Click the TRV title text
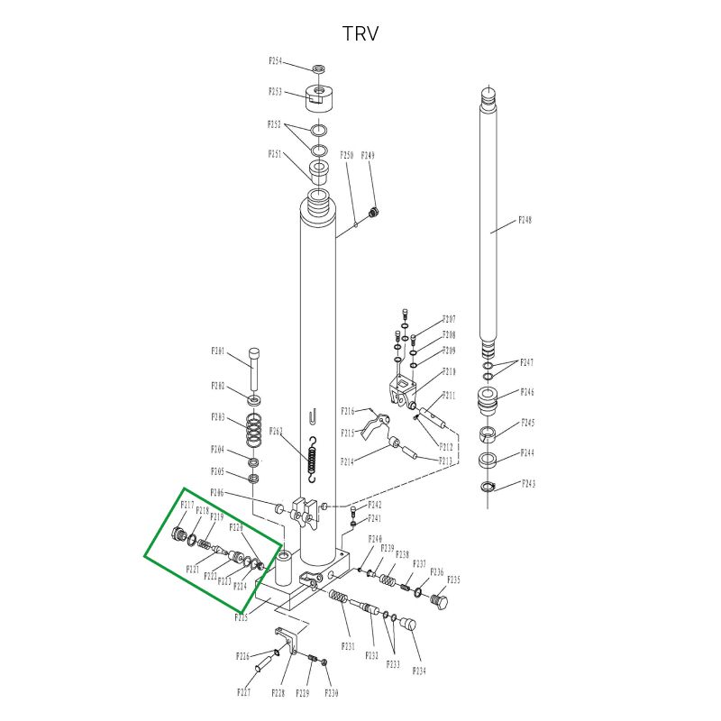click(x=360, y=34)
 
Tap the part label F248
click(x=525, y=221)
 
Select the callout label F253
click(x=275, y=92)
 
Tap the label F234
click(x=420, y=671)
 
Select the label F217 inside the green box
click(x=187, y=505)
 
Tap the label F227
click(x=243, y=692)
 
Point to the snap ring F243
click(x=487, y=488)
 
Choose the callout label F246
click(x=527, y=393)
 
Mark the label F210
click(x=449, y=371)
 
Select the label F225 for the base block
click(x=242, y=618)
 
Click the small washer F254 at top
click(x=319, y=68)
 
